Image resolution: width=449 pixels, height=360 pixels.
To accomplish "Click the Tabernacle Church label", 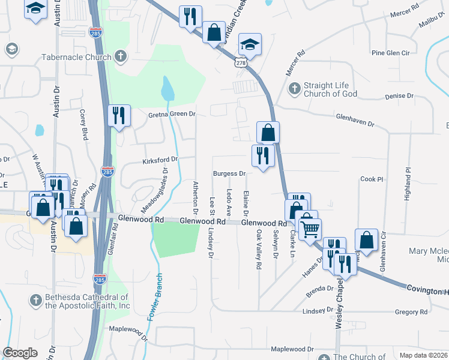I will (x=76, y=58).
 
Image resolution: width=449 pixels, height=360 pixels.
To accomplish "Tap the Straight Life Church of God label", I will (x=330, y=89).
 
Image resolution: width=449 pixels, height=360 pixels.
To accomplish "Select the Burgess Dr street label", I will (x=230, y=174).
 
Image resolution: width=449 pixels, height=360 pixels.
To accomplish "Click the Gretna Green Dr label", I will (x=172, y=113).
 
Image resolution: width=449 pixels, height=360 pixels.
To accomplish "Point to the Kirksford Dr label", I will (x=160, y=160).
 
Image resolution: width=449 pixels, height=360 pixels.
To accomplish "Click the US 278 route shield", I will (x=241, y=62).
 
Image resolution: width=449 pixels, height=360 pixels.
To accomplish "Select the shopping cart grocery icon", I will (x=310, y=227).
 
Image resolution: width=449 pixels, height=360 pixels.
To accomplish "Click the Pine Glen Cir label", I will (x=390, y=53).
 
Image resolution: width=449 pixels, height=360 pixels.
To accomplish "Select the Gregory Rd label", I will (x=411, y=312).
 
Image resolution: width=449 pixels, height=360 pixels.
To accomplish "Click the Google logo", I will (x=20, y=353).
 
